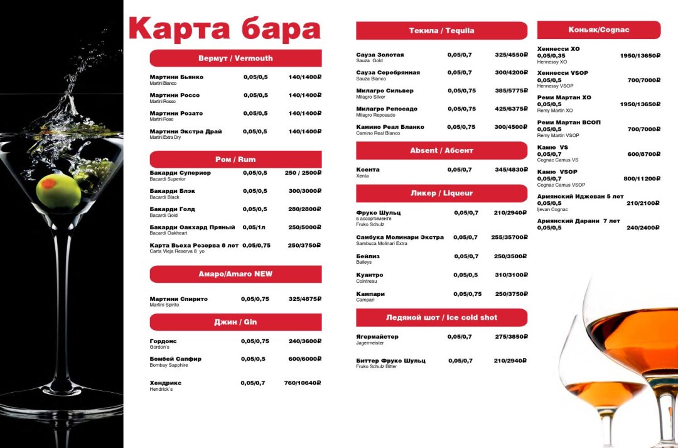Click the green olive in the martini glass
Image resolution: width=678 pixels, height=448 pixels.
coord(58,192)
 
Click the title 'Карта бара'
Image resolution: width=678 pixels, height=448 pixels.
coord(224,30)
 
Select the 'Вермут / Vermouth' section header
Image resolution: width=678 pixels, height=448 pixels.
coord(235,58)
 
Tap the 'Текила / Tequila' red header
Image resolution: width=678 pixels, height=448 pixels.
coord(441,31)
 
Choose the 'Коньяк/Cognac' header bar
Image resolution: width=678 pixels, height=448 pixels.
coord(598,30)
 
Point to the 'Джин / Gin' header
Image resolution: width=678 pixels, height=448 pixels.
coord(235,322)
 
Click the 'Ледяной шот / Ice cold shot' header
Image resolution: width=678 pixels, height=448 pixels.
coord(441,317)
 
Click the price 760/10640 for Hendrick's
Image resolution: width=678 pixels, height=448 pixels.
coord(303,383)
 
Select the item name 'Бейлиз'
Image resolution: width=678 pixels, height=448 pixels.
coord(368,256)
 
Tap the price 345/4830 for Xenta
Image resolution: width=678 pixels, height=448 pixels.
coord(510,170)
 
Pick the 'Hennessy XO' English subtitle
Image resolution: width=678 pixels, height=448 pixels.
coord(552,62)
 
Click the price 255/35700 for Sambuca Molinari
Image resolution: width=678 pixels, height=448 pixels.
coord(509,238)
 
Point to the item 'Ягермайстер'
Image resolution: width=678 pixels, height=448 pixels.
coord(377,337)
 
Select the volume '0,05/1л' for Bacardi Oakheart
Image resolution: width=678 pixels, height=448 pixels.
coord(255,227)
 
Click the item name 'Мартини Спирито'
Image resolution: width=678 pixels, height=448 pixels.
coord(178,299)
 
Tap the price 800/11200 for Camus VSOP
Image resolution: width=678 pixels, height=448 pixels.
coord(642,178)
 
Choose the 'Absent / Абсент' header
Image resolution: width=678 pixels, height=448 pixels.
coord(441,151)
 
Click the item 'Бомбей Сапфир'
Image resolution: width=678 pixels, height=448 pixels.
coord(175,359)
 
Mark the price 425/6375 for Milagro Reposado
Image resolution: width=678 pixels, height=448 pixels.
coord(511,109)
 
